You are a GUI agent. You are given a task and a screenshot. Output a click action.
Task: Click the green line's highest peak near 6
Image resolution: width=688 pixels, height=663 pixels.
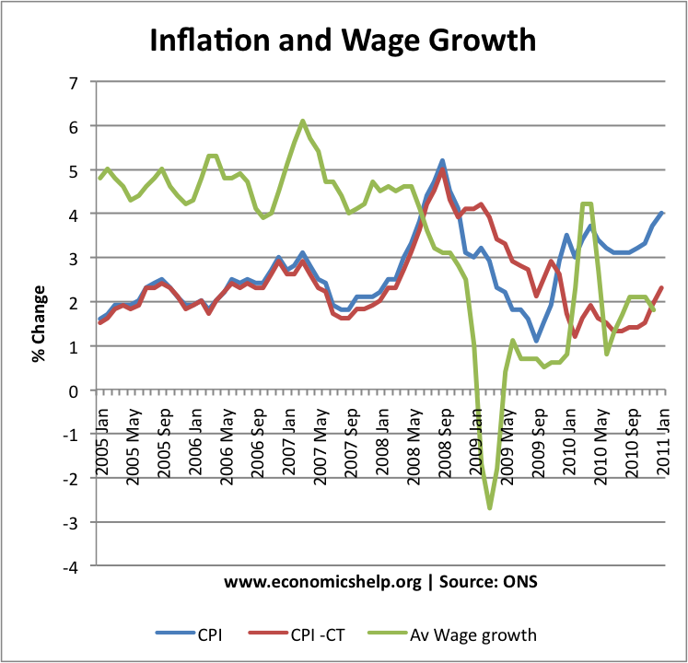tap(302, 121)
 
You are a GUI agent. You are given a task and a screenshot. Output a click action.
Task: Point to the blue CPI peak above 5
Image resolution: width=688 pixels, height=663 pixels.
tap(443, 160)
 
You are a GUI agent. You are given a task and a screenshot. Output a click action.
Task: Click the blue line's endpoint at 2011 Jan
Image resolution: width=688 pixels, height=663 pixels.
tap(662, 213)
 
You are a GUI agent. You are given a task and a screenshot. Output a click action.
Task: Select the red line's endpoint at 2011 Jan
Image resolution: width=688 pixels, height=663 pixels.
tap(662, 288)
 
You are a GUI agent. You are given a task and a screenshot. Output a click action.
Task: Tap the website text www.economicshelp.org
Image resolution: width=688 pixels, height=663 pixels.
tap(322, 582)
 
